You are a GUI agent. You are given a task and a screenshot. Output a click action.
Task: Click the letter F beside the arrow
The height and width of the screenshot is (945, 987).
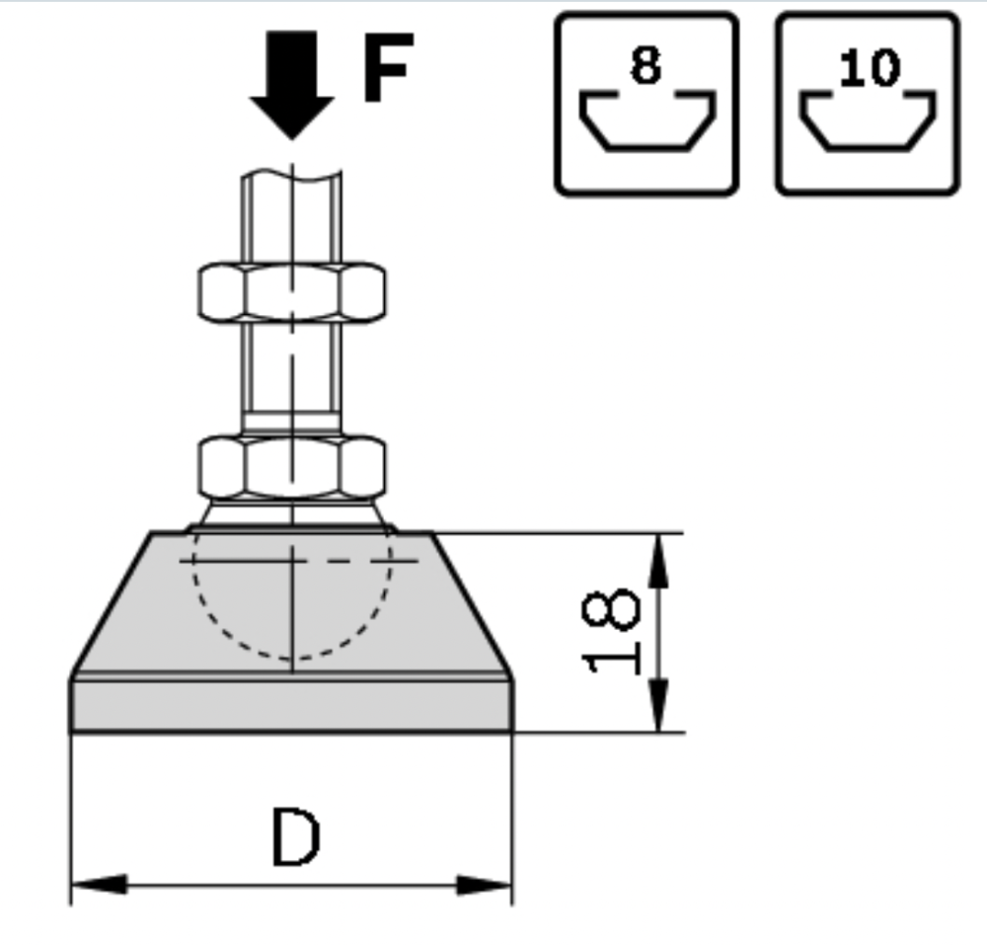(x=387, y=67)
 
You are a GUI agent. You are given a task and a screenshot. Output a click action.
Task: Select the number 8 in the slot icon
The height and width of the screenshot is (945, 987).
(x=645, y=65)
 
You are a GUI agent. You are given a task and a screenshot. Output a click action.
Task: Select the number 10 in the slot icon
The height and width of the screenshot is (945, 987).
(x=869, y=67)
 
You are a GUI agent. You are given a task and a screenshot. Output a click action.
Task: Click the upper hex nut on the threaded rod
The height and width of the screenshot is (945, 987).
(x=291, y=292)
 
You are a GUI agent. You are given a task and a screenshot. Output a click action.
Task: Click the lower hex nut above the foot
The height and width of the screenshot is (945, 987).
(x=291, y=466)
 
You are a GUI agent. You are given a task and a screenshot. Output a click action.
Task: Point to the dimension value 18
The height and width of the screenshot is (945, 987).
(x=611, y=632)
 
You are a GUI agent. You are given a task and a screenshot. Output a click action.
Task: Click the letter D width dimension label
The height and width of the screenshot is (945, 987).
(x=295, y=837)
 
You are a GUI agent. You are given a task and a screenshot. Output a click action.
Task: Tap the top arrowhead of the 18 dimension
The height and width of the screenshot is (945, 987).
(x=657, y=560)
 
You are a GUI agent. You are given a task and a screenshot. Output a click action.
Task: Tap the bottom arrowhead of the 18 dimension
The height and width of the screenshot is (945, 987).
(x=657, y=705)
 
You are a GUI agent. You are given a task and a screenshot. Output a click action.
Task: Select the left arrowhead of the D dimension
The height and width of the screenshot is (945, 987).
(x=100, y=884)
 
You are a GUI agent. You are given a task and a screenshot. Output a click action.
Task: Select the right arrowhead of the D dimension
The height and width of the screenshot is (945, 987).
(x=484, y=884)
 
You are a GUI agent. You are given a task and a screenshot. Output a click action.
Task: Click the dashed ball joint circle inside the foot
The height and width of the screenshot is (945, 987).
(x=291, y=659)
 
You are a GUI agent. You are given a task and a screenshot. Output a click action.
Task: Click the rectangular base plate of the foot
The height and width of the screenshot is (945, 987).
(x=291, y=706)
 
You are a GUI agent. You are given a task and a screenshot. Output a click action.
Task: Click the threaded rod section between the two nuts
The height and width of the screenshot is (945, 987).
(x=291, y=378)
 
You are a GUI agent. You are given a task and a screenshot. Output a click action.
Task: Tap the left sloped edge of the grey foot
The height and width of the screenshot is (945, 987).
(x=111, y=605)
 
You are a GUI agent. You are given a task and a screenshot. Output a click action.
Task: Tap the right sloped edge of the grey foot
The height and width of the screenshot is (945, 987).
(x=472, y=605)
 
